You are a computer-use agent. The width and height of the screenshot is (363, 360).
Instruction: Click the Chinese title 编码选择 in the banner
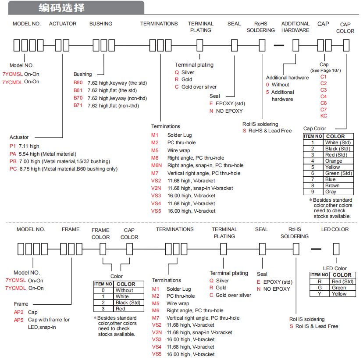[61, 8]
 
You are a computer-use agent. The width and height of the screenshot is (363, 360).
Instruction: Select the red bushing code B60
[78, 82]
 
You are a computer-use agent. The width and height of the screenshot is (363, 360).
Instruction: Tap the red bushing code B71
[78, 105]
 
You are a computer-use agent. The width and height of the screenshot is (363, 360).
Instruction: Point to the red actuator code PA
[13, 154]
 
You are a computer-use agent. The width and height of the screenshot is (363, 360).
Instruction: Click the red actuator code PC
[13, 169]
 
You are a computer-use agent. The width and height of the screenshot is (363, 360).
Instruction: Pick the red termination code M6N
[157, 165]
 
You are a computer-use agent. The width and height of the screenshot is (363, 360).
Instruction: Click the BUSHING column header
[101, 24]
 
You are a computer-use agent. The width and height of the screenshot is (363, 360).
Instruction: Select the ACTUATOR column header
[63, 24]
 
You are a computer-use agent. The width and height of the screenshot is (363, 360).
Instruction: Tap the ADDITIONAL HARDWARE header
[295, 27]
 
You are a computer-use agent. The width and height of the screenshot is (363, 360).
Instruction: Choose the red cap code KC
[324, 116]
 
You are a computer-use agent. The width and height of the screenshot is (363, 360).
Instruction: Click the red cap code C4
[324, 96]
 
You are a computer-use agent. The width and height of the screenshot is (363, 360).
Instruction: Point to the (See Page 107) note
[325, 71]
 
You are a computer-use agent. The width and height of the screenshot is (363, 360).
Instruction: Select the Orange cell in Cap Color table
[334, 161]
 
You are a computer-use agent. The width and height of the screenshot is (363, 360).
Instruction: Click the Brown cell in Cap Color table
[332, 185]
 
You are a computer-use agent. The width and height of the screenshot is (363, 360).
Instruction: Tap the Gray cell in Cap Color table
[331, 192]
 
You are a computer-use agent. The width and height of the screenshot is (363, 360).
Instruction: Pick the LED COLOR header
[335, 229]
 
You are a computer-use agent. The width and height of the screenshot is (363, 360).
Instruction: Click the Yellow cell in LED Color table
[339, 294]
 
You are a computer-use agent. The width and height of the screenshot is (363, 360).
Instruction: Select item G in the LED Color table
[320, 288]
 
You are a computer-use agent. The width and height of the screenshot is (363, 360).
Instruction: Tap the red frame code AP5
[18, 320]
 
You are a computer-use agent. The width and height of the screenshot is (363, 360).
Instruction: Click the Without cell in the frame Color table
[125, 290]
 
